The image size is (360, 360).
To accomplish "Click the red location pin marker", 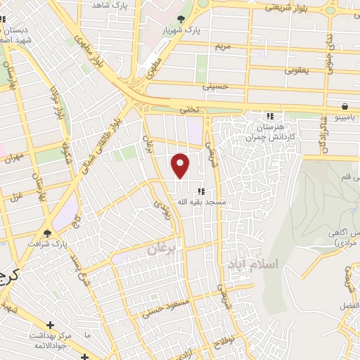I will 181,165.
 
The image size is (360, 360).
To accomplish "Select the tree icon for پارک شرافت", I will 48,233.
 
